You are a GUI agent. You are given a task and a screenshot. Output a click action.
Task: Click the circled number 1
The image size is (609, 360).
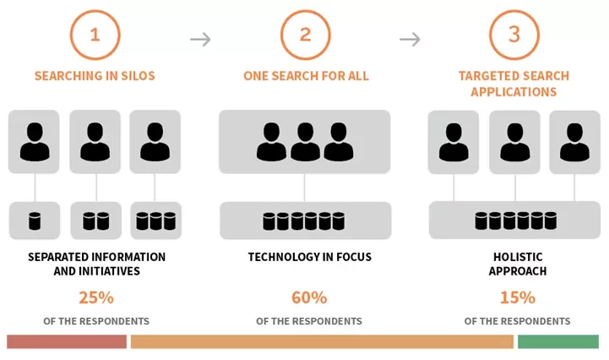coord(95,35)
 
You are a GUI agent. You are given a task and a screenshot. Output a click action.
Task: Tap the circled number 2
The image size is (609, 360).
coord(306,35)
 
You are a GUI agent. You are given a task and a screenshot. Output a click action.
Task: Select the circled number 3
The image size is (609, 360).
coord(514,35)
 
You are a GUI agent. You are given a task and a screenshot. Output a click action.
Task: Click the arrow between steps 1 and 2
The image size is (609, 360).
coord(200,39)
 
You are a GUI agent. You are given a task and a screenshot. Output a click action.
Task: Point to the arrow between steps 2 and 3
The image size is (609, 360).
coord(410,39)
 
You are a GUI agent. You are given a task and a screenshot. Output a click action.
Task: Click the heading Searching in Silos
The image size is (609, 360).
coord(95,76)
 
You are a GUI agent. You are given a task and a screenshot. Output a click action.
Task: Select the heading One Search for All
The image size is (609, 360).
coord(306,76)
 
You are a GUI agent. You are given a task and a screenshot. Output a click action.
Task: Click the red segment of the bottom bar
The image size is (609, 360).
coord(67,341)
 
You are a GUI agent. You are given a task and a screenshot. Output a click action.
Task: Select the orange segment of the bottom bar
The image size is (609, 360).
coord(322,341)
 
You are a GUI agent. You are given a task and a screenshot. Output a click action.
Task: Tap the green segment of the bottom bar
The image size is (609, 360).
coord(557,341)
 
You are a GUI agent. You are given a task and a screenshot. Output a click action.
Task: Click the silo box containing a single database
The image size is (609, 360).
coord(35,221)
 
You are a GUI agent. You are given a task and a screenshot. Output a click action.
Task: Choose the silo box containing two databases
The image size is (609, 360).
coord(95,221)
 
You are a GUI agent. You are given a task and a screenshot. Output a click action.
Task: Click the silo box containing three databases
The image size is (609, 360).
coord(155,221)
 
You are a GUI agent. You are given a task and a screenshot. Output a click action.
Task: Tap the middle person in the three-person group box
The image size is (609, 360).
coord(305,142)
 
